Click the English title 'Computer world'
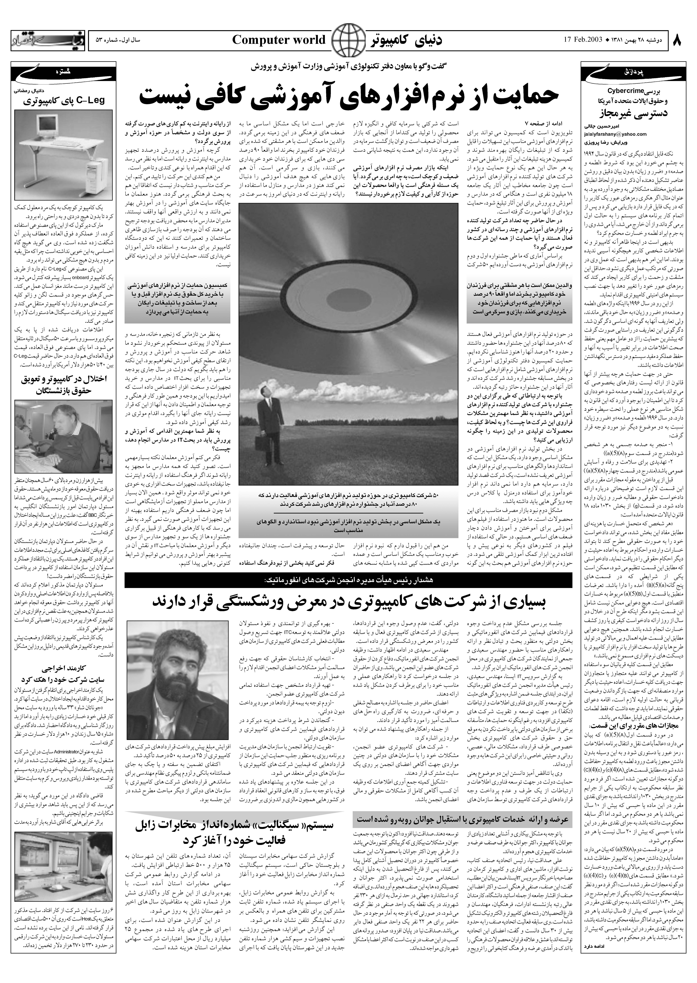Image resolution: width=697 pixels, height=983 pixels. pyautogui.click(x=279, y=40)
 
